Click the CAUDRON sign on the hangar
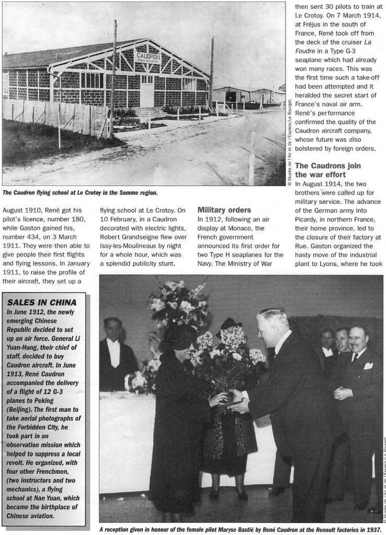[148, 55]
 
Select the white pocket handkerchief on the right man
[368, 366]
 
